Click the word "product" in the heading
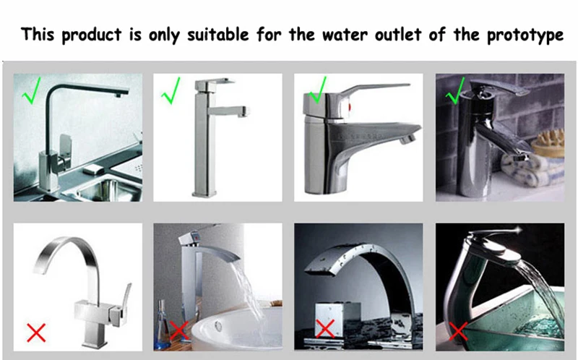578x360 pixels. [92, 35]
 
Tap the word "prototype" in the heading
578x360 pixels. [525, 35]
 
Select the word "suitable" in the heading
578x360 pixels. [218, 34]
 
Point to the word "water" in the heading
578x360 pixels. [345, 35]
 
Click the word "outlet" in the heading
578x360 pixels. [398, 35]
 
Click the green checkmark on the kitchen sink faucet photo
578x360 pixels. [31, 90]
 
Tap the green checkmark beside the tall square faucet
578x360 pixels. [171, 90]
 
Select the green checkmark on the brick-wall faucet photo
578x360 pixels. [455, 90]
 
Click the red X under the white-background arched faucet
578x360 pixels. [36, 333]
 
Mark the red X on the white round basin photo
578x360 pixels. [179, 330]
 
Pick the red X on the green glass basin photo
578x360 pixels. [458, 330]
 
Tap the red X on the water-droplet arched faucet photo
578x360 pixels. [325, 328]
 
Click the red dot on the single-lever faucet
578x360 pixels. [350, 108]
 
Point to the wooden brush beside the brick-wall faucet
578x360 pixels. [548, 143]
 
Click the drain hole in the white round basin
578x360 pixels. [218, 326]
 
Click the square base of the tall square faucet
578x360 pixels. [204, 193]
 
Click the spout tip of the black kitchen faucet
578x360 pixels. [118, 95]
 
